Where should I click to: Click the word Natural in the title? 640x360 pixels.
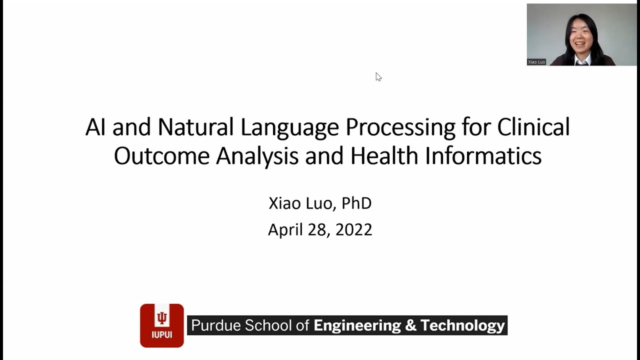[195, 127]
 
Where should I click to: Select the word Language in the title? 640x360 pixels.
[289, 128]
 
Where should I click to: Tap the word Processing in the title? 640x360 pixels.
[400, 128]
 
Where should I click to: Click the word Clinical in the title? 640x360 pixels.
[533, 127]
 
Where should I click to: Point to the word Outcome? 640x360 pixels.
[161, 155]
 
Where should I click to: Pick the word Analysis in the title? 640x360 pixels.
[257, 157]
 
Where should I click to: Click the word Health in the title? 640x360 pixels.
[384, 155]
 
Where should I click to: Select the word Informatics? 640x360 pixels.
[483, 155]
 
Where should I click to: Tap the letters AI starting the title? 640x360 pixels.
[95, 127]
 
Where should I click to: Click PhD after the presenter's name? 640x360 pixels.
[356, 203]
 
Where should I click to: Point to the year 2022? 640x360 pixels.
[353, 229]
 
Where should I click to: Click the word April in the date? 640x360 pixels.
[285, 230]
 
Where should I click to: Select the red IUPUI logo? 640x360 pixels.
[161, 325]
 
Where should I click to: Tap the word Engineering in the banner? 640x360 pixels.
[357, 326]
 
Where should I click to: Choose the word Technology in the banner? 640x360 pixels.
[462, 326]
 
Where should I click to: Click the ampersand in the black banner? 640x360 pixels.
[410, 325]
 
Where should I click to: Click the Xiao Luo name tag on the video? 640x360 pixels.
[536, 62]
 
